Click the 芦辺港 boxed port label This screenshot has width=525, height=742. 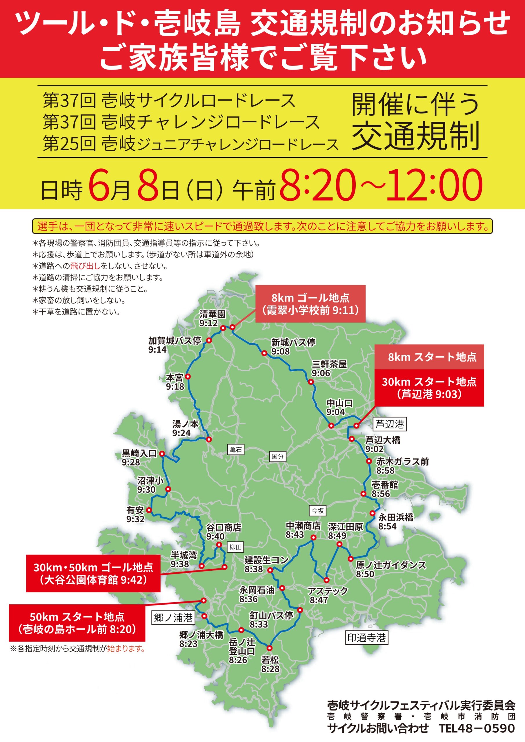(x=390, y=424)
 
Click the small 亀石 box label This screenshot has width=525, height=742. (x=236, y=449)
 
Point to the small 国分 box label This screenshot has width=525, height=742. (x=277, y=456)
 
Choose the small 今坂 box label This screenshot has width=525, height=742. (x=317, y=511)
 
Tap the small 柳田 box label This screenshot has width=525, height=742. (x=235, y=547)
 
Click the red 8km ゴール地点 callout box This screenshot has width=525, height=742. (x=310, y=304)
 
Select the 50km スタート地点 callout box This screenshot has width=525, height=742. (x=77, y=623)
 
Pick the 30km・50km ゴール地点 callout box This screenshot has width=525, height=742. (x=93, y=573)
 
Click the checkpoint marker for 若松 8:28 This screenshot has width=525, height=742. (x=270, y=648)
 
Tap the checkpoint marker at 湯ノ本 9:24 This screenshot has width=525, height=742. (x=209, y=439)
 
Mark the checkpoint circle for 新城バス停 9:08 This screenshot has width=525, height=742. (x=264, y=353)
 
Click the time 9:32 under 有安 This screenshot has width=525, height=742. (x=135, y=519)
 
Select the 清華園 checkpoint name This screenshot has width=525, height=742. (x=212, y=314)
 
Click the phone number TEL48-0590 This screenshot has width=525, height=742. (x=477, y=728)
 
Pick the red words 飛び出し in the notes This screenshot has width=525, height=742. (x=85, y=266)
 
